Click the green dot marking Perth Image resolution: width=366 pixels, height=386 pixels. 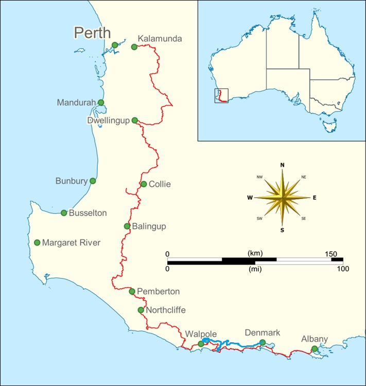click(115, 45)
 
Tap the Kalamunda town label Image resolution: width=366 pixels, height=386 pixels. click(160, 39)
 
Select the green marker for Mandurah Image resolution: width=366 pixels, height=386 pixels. click(101, 102)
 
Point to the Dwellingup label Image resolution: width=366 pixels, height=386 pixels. click(108, 120)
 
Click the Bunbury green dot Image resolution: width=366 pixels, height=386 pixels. click(93, 181)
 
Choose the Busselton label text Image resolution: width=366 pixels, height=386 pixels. click(88, 213)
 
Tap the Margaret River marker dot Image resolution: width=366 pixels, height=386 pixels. click(37, 242)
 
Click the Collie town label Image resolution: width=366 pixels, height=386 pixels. click(160, 184)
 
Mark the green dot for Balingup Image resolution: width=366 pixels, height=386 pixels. click(127, 226)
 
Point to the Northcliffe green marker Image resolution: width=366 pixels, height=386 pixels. click(141, 310)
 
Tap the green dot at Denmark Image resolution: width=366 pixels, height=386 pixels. click(263, 342)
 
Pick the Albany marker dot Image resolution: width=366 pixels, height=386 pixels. click(315, 349)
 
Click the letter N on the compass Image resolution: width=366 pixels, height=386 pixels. click(282, 165)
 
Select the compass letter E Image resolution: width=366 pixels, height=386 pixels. click(315, 197)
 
